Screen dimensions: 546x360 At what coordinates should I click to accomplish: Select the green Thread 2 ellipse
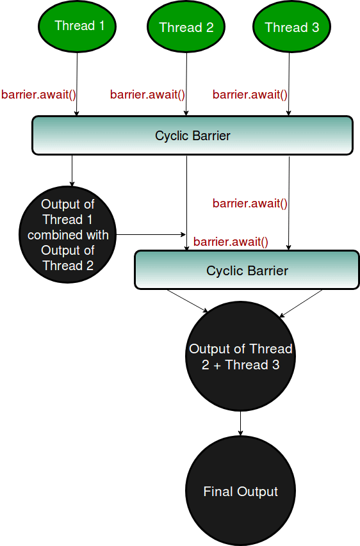point(186,27)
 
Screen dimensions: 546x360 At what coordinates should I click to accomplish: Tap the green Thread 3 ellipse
point(291,27)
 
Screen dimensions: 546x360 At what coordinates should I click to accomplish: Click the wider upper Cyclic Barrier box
point(192,135)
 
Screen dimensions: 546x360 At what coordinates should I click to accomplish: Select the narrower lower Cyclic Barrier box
point(247,270)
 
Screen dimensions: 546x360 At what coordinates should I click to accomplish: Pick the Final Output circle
point(240,492)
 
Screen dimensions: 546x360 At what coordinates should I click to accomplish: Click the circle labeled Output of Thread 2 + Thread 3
point(240,357)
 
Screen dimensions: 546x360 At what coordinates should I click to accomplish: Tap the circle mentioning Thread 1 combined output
point(68,235)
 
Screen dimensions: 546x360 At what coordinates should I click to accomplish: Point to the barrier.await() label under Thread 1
point(39,95)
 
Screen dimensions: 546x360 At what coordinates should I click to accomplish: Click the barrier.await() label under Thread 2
point(147,95)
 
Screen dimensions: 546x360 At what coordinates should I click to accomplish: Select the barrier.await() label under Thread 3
point(250,95)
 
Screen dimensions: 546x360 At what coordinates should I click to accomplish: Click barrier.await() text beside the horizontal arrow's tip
point(231,242)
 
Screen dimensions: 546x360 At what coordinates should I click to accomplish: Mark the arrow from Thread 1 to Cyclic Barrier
point(77,83)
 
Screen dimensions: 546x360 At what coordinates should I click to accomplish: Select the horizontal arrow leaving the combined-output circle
point(151,234)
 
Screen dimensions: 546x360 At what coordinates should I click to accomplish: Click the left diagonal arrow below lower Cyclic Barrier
point(188,301)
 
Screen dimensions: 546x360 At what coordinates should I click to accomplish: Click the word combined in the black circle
point(68,235)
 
